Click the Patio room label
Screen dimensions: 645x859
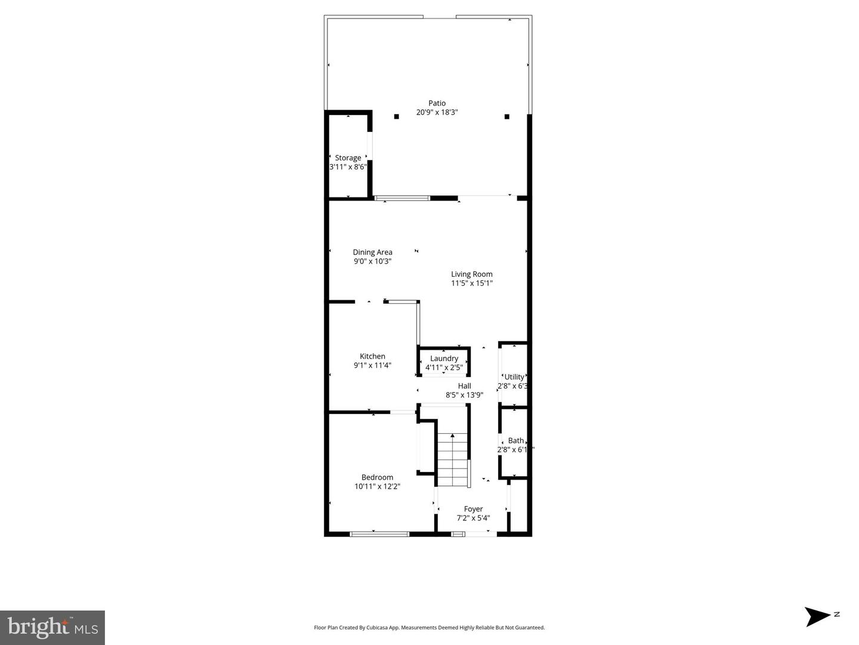437,103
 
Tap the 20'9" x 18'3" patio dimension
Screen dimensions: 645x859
437,112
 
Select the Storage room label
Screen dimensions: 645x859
348,158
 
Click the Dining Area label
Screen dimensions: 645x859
372,252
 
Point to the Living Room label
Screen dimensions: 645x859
471,274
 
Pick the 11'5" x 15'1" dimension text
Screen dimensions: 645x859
471,283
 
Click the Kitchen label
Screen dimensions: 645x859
372,356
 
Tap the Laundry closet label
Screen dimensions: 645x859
444,359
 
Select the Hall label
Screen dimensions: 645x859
464,386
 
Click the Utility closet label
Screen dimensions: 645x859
514,377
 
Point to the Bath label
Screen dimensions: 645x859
516,441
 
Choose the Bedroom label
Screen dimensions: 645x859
377,477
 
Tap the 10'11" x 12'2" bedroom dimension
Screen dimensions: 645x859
377,486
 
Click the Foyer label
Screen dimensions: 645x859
473,509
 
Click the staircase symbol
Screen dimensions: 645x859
453,459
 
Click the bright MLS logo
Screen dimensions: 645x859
52,627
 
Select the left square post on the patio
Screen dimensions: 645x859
396,116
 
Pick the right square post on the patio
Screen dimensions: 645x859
506,116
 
